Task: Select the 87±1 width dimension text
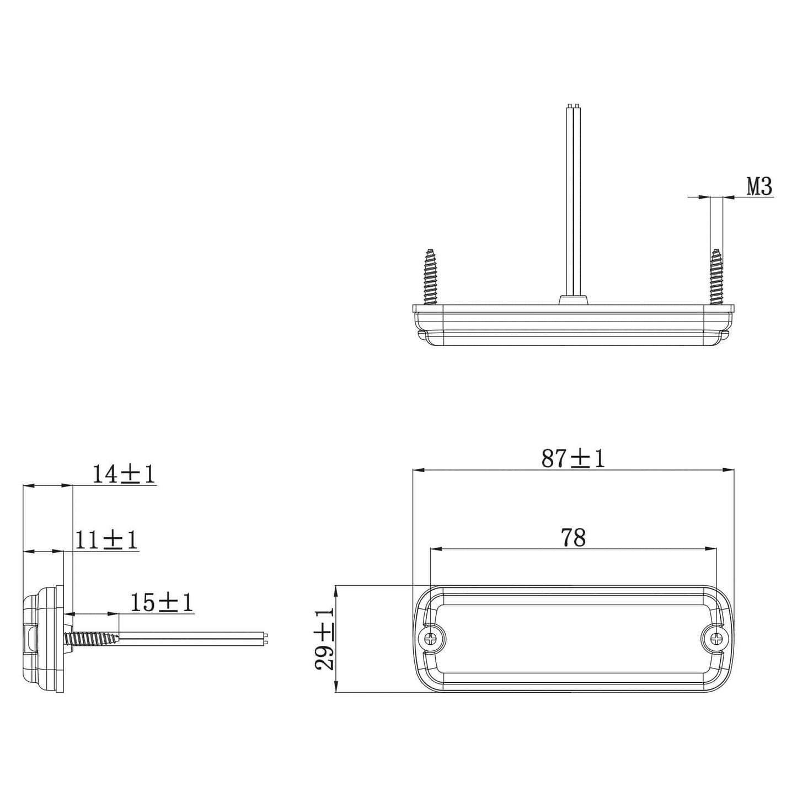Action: pyautogui.click(x=573, y=459)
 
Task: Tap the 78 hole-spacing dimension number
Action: pyautogui.click(x=573, y=537)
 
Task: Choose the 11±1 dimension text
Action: pyautogui.click(x=106, y=540)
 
